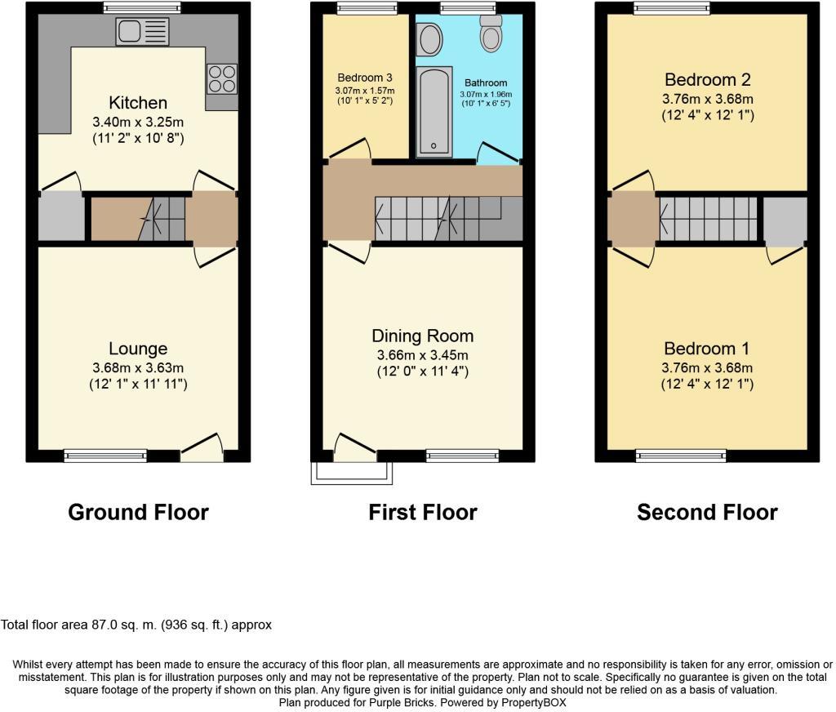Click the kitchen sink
(x=142, y=32)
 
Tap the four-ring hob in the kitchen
(x=222, y=79)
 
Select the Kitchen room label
(x=138, y=102)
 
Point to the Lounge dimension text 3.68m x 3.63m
(x=138, y=367)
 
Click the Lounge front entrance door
(x=202, y=447)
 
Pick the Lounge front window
(x=105, y=456)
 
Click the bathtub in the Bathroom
(x=434, y=112)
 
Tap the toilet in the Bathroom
(x=491, y=33)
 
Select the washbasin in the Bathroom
(x=429, y=39)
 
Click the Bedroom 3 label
(x=365, y=78)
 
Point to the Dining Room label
(x=423, y=336)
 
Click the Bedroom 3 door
(x=349, y=149)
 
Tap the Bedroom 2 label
(x=708, y=80)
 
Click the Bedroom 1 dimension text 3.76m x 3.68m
(x=707, y=367)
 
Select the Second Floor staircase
(x=708, y=219)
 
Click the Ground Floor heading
(x=138, y=512)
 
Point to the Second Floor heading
(x=707, y=512)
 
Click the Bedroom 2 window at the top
(x=672, y=7)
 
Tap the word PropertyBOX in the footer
(x=533, y=703)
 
